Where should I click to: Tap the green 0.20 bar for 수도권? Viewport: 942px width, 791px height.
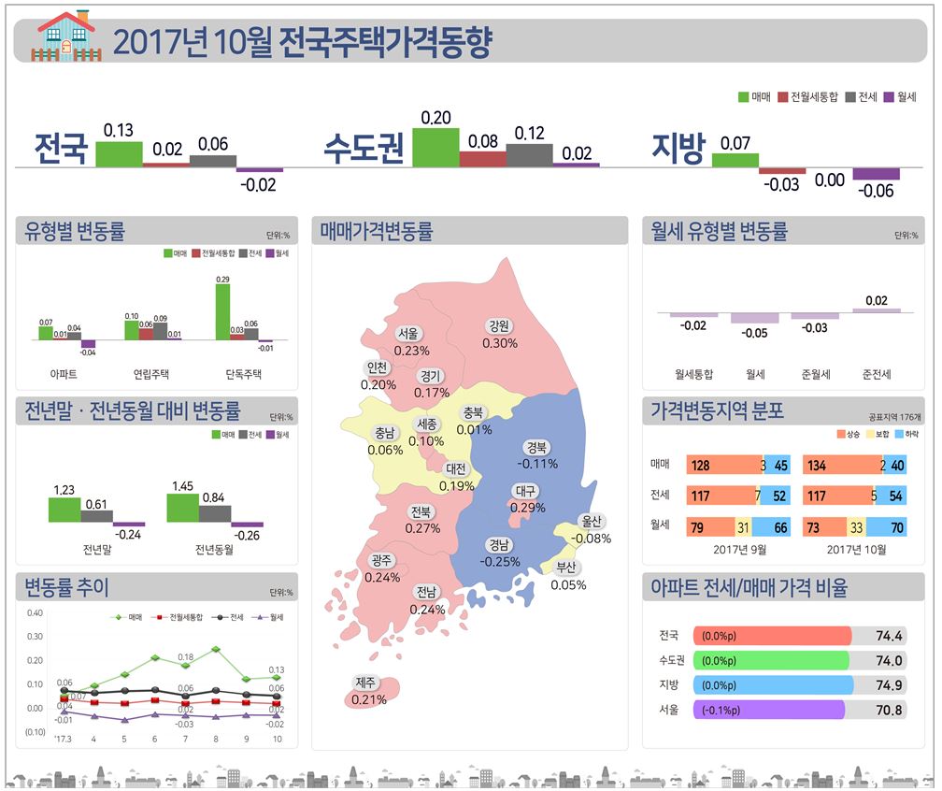point(435,148)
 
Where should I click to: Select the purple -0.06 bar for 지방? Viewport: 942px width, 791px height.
point(876,174)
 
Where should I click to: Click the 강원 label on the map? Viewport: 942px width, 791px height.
point(498,326)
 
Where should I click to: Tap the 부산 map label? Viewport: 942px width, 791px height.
point(567,568)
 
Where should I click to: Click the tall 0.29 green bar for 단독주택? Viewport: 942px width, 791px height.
point(222,312)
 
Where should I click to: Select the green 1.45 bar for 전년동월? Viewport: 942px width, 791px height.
point(183,508)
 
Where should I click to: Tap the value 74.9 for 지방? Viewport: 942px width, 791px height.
point(889,684)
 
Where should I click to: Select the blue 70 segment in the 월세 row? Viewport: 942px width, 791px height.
point(894,528)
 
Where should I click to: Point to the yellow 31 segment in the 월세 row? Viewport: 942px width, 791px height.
point(742,528)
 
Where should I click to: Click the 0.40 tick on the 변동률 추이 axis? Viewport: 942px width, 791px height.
point(35,613)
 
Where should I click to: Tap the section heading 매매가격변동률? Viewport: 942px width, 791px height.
point(376,231)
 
